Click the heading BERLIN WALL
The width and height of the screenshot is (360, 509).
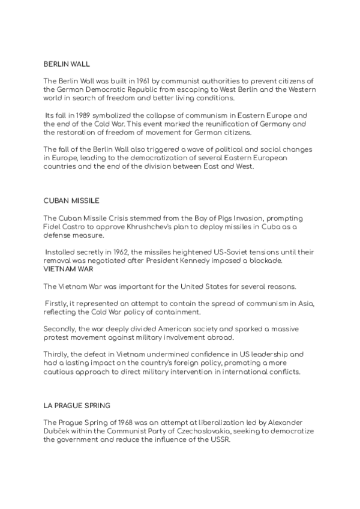[67, 63]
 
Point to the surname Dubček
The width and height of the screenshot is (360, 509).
[58, 431]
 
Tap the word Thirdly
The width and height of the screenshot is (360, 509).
[58, 354]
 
